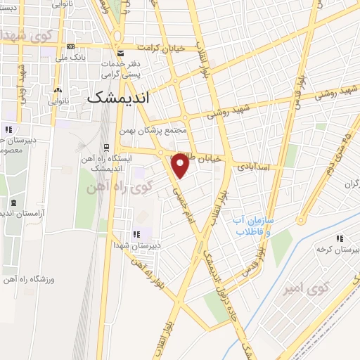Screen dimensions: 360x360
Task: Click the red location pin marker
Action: pos(181,167)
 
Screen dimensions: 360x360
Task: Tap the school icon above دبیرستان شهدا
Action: pos(136,235)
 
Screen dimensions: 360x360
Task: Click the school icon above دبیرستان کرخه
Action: pos(340,238)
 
